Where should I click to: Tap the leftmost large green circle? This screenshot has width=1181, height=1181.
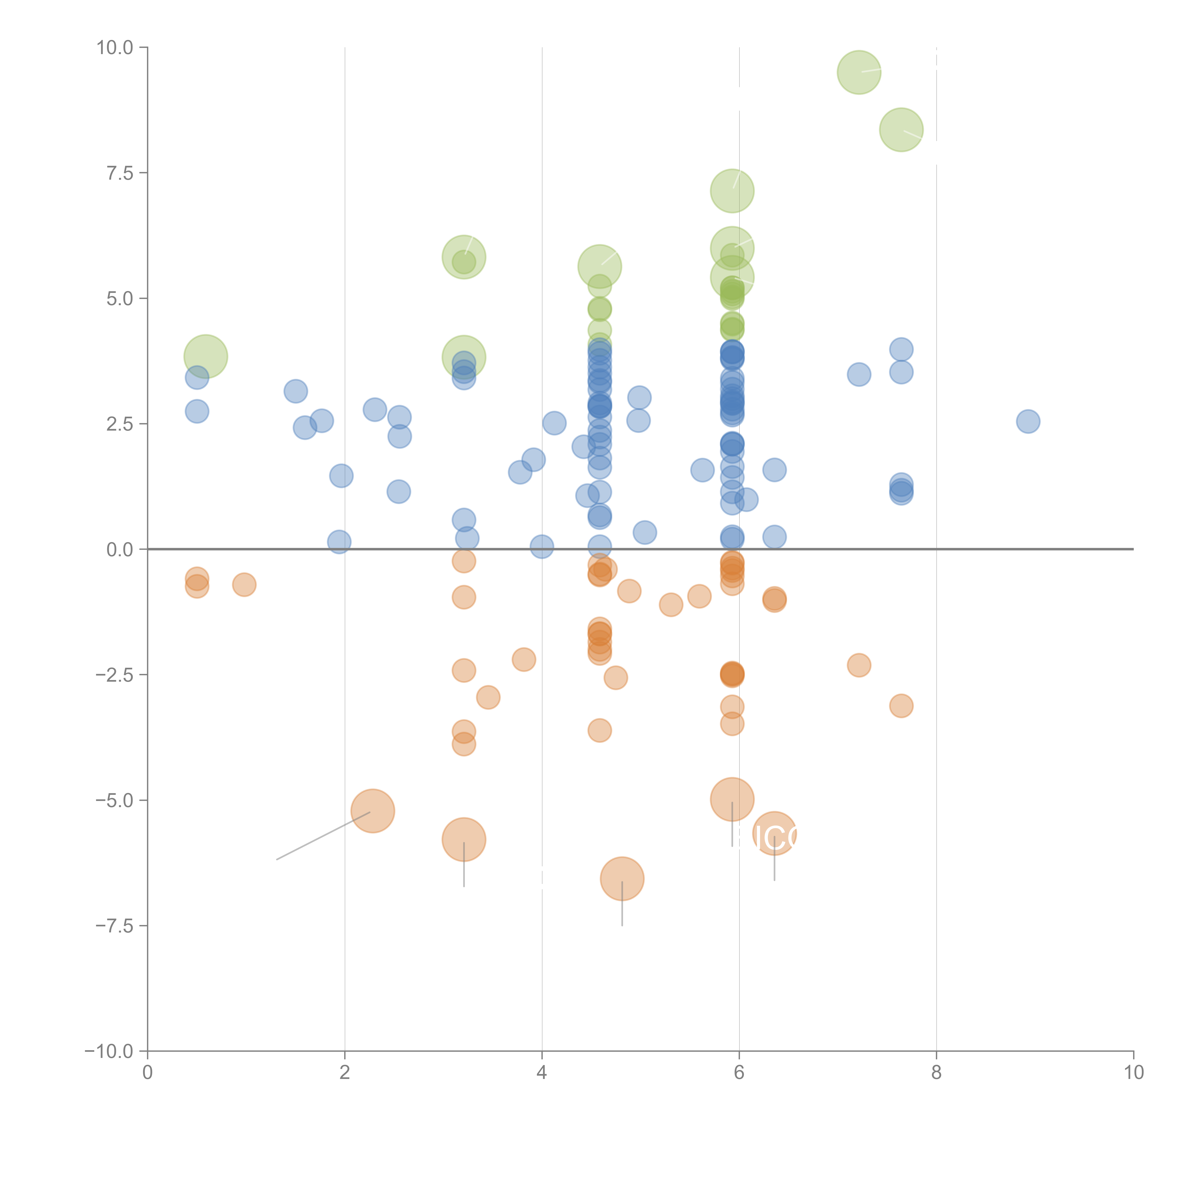206,356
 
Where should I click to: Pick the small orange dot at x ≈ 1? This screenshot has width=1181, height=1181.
244,584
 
